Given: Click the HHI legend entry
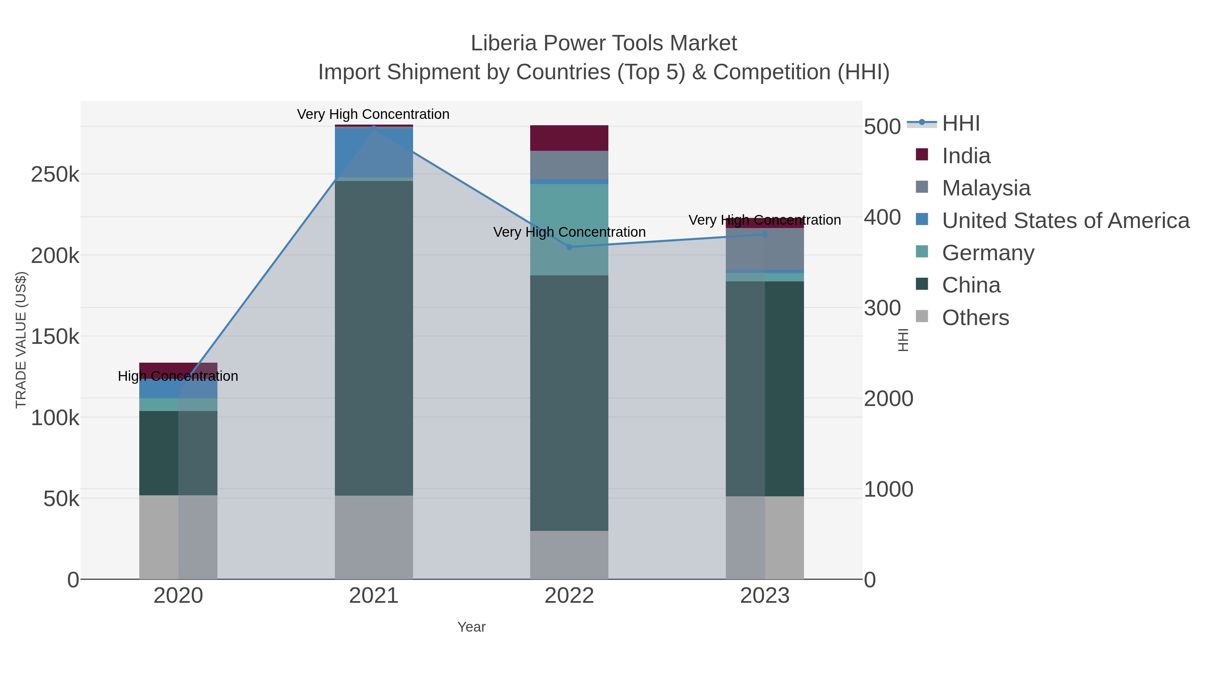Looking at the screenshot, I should click(x=960, y=124).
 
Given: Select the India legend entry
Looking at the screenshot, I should click(x=966, y=156).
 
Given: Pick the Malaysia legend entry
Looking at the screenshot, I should click(x=986, y=188).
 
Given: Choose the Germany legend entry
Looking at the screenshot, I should click(x=988, y=253).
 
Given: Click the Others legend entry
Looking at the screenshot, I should click(x=975, y=318).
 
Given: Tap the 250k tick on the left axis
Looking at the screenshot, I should click(x=55, y=175).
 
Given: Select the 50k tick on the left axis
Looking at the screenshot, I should click(x=61, y=499).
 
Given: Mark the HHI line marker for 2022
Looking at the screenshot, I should click(x=569, y=247).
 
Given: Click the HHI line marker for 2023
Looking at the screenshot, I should click(x=765, y=234).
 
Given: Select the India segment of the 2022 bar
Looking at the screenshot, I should click(x=569, y=138).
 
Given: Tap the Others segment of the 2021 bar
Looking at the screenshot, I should click(x=374, y=537).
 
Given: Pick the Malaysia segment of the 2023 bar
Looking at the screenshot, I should click(x=765, y=249).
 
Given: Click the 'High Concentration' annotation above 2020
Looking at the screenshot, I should click(x=178, y=376).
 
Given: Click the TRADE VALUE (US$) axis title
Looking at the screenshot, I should click(x=21, y=340).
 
